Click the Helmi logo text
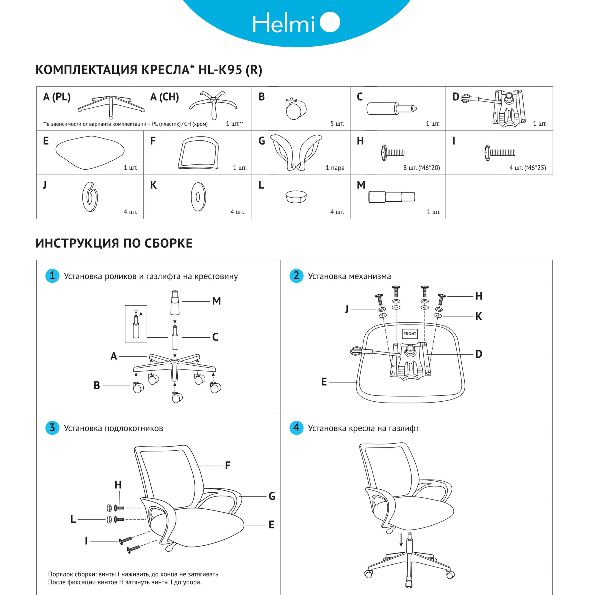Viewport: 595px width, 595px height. click(x=283, y=23)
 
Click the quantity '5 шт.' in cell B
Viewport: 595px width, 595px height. click(x=337, y=124)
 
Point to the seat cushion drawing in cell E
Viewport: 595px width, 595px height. click(x=90, y=152)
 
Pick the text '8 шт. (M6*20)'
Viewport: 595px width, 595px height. click(x=421, y=168)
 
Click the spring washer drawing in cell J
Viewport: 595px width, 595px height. click(x=90, y=197)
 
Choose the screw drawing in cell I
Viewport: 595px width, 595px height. click(x=500, y=152)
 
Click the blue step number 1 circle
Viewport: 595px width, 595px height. click(x=52, y=276)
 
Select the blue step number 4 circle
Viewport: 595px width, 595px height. click(x=296, y=428)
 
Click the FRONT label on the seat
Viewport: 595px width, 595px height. click(x=410, y=334)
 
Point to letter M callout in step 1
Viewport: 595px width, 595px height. click(x=217, y=301)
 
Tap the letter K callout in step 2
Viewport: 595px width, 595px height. click(x=478, y=316)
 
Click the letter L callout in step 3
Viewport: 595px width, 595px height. click(x=73, y=519)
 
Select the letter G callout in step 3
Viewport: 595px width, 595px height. click(x=272, y=496)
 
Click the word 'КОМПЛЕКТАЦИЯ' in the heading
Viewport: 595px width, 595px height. click(x=86, y=70)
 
